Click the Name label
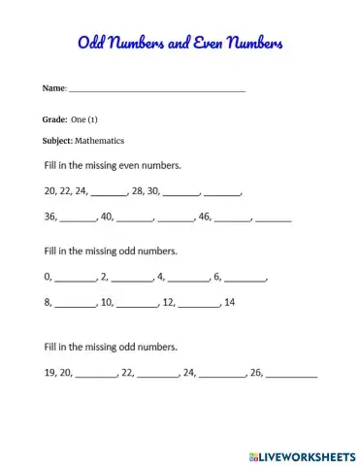point(53,88)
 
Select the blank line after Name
point(156,89)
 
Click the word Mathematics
point(99,141)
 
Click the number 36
point(51,216)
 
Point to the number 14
point(230,302)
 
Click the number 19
point(51,372)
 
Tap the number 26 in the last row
point(256,372)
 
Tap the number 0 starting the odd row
point(48,277)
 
